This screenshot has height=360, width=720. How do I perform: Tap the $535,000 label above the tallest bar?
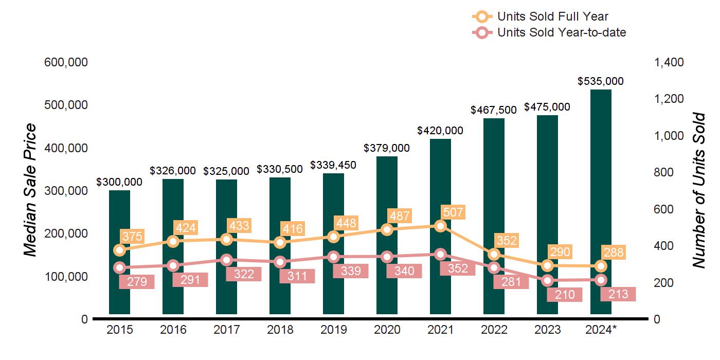point(601,81)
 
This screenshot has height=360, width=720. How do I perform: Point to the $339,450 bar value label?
point(333,165)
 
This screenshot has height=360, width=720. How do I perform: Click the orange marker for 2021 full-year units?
point(440,226)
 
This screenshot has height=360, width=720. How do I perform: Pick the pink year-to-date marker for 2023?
point(547,281)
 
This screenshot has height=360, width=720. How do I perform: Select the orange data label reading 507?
point(453,212)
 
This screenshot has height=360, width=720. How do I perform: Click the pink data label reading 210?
point(565,295)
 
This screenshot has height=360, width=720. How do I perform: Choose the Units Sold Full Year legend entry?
point(540,16)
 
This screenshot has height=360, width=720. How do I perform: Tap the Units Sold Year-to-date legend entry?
point(549,32)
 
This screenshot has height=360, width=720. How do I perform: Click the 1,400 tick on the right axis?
point(669,62)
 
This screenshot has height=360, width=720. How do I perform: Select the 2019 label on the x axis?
point(333,330)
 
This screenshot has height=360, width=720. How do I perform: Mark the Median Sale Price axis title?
point(31,190)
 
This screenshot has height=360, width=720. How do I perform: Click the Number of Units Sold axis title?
point(698,190)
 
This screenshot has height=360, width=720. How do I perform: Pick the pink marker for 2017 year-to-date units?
point(226,260)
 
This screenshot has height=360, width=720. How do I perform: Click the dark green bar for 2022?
point(494,216)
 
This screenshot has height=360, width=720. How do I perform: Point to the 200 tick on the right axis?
point(663,283)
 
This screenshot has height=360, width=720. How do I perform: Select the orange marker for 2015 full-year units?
point(119,250)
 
